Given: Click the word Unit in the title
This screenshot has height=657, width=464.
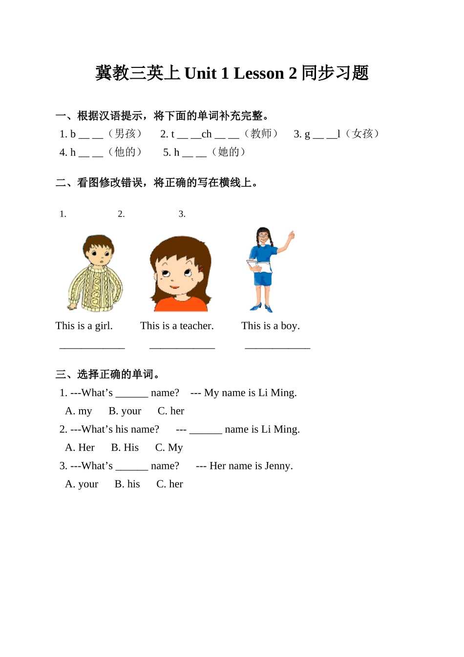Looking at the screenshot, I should click(200, 73).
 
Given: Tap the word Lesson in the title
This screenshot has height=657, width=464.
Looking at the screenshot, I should click(258, 73).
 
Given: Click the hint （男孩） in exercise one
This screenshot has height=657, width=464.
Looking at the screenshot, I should click(125, 134).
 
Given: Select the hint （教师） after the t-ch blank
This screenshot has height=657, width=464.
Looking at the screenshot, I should click(261, 134).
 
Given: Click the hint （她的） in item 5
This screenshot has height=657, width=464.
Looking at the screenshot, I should click(229, 152).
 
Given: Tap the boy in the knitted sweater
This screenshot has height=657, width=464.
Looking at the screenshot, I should click(96, 274).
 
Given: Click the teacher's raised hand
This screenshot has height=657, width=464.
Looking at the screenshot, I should click(292, 235).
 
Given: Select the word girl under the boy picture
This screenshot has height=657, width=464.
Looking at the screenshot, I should click(104, 326).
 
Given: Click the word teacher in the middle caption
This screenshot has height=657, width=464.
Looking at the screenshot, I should click(196, 326).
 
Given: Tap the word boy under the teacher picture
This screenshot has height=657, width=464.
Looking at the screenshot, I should click(290, 326).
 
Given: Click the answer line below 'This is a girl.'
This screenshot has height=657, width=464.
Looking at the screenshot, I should click(92, 348).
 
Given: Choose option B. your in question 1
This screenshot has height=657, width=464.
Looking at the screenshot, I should click(125, 411).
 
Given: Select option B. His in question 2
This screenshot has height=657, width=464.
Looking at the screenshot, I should click(125, 448).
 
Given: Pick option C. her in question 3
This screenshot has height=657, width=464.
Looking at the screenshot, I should click(169, 484).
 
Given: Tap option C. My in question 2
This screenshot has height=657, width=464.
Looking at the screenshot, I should click(169, 448).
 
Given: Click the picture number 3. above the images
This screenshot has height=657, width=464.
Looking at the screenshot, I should click(182, 214).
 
